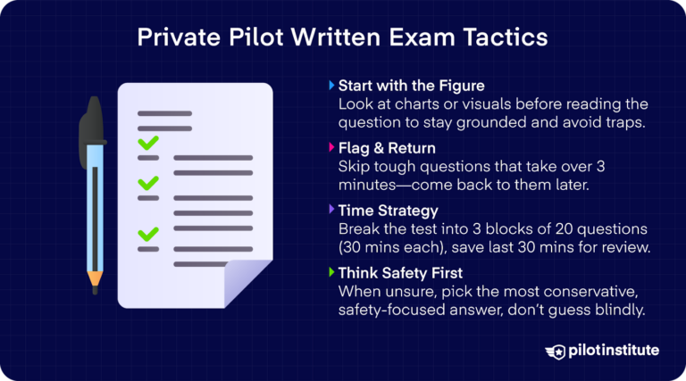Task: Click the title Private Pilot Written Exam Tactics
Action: [x=343, y=39]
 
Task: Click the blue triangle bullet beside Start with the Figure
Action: [x=332, y=87]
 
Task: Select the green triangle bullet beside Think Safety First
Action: [x=332, y=273]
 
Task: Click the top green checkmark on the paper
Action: [x=147, y=142]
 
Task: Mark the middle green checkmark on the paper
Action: [x=147, y=184]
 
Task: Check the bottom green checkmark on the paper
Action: [x=147, y=234]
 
